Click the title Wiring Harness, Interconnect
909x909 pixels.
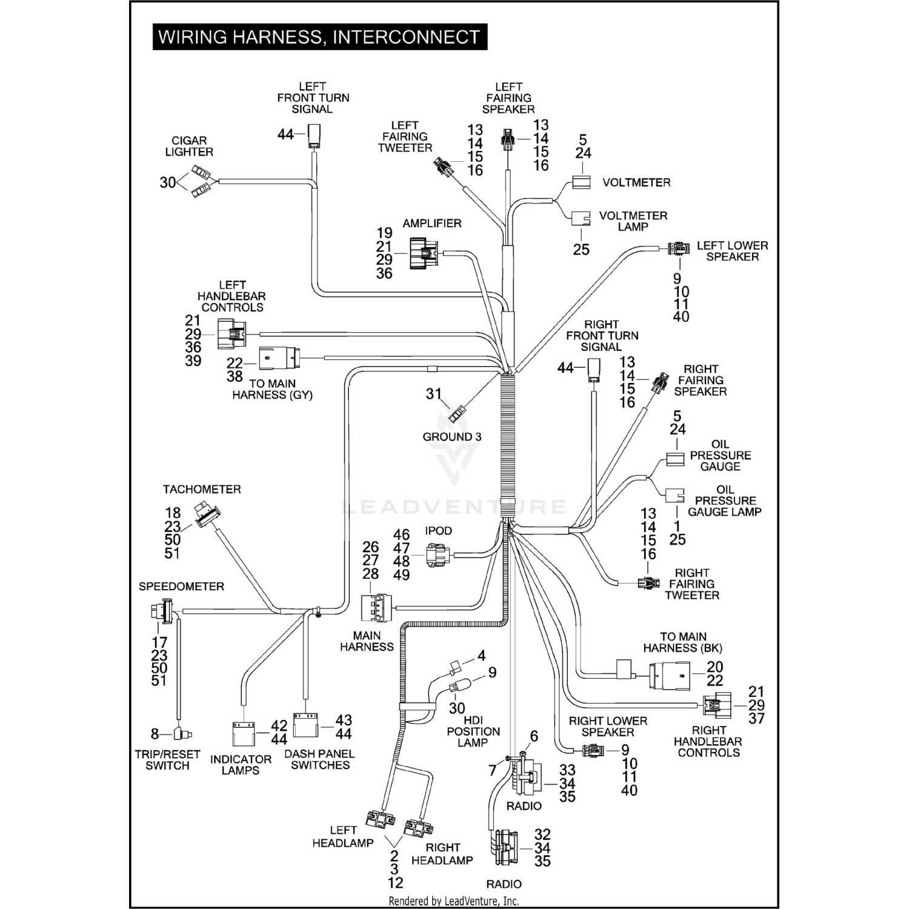319,37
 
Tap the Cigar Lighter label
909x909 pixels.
189,146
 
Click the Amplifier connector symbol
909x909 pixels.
424,252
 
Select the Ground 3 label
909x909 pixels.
452,437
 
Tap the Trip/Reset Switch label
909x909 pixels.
167,760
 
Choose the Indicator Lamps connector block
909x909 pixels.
242,733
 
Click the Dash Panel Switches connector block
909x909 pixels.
305,724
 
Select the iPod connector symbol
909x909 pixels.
438,554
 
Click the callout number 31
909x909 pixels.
433,394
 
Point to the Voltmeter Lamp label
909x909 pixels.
633,221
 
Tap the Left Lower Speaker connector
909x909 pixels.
678,248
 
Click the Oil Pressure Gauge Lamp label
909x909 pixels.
725,501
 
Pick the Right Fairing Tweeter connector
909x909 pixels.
648,584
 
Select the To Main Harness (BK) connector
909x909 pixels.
668,674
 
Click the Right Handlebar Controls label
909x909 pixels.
708,742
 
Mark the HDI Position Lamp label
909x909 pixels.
473,731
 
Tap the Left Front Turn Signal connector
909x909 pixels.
315,135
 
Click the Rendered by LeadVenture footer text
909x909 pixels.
454,901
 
